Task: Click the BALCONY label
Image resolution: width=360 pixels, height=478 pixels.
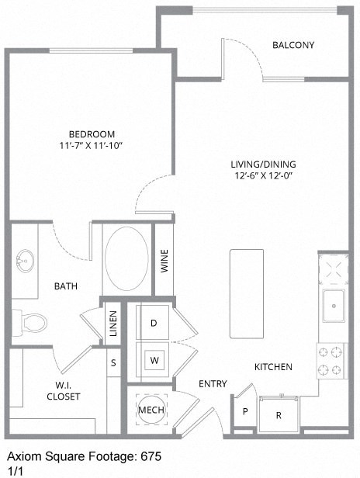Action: (x=292, y=45)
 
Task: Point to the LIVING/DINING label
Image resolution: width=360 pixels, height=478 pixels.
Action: (x=263, y=164)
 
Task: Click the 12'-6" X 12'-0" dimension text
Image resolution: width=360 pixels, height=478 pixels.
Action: (x=263, y=175)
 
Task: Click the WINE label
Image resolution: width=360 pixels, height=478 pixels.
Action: (x=164, y=261)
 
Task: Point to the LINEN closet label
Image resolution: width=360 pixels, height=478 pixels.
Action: (x=113, y=323)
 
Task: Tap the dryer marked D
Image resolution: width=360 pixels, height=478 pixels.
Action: (x=154, y=322)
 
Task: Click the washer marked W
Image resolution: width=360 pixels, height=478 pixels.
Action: (x=154, y=360)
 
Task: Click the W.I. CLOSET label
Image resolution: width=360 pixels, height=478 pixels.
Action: (x=64, y=390)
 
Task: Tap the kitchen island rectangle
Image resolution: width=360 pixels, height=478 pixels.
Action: (x=247, y=293)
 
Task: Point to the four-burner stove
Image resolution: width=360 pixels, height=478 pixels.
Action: (x=334, y=359)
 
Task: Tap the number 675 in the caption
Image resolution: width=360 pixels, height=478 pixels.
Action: (x=151, y=458)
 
